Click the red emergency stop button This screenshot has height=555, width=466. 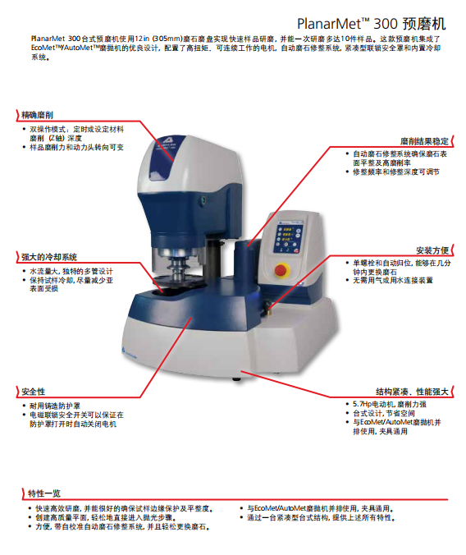(x=281, y=269)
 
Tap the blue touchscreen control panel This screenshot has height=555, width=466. (x=288, y=236)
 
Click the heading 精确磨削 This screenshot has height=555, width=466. (x=37, y=115)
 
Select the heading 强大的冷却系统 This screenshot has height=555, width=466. (x=49, y=257)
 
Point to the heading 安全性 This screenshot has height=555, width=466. (x=34, y=392)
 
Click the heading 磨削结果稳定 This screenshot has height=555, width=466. (x=424, y=141)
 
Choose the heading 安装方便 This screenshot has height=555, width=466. (x=432, y=250)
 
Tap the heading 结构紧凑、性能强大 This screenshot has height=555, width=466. (x=412, y=392)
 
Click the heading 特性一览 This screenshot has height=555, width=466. (x=44, y=493)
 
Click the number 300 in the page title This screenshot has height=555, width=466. (x=386, y=24)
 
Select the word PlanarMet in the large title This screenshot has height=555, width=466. (x=329, y=24)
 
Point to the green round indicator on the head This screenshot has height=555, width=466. (x=203, y=200)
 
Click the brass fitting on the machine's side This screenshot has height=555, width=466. (x=267, y=307)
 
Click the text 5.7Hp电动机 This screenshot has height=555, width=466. (x=373, y=404)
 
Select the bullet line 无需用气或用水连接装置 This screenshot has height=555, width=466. (x=393, y=280)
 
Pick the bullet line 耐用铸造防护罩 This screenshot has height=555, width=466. (x=55, y=406)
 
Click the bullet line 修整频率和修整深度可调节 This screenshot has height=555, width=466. (x=396, y=172)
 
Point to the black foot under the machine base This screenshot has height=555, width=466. (x=237, y=379)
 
